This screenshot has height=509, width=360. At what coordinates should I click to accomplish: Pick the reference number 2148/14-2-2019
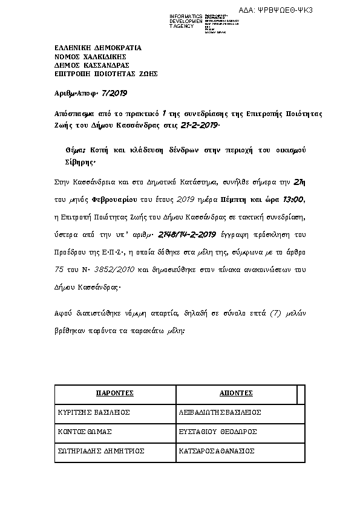190,234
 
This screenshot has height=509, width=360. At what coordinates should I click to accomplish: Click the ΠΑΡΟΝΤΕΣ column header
115,394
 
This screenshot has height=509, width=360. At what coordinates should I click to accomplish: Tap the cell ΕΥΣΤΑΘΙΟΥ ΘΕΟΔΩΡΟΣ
218,432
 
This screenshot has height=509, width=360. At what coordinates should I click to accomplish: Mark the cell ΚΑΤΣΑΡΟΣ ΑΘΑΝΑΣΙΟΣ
217,451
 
